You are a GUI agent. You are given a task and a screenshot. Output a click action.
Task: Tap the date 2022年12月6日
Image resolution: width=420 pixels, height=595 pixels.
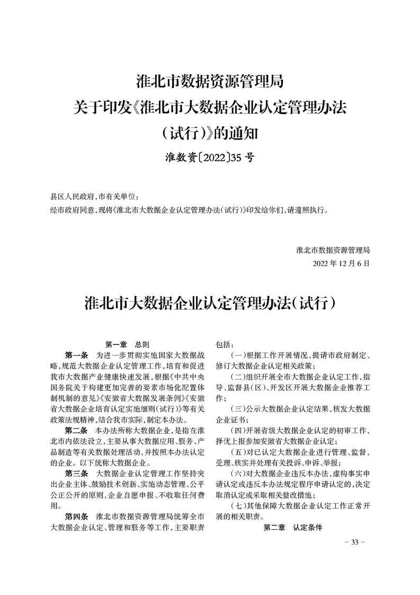pyautogui.click(x=341, y=263)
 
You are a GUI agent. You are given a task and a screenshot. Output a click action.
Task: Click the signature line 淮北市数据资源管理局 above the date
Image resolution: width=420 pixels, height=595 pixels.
pyautogui.click(x=333, y=249)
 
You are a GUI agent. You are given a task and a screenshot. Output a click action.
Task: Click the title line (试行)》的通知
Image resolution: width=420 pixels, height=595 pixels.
pyautogui.click(x=210, y=133)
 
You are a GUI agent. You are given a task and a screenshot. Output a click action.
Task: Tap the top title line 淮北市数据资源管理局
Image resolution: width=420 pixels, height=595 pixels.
pyautogui.click(x=210, y=82)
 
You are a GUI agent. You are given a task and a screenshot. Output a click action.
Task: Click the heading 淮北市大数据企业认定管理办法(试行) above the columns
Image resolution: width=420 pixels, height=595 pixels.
pyautogui.click(x=210, y=304)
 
